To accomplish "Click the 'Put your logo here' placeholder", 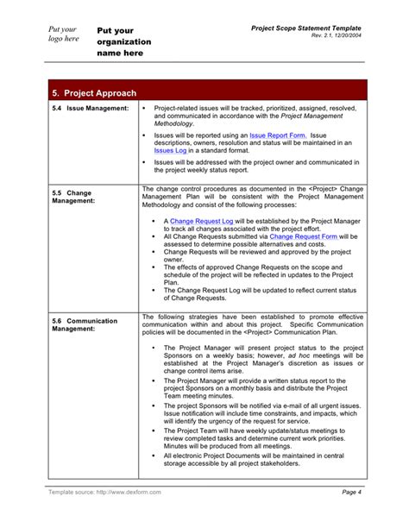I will click(x=65, y=34).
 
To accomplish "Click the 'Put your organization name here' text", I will click(x=124, y=41).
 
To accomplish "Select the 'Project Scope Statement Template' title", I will click(x=305, y=28).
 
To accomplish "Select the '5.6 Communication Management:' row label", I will click(x=85, y=324).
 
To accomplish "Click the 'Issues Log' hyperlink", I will click(x=170, y=150).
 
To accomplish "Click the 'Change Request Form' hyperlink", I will click(x=303, y=235).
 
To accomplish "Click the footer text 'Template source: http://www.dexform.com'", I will click(x=104, y=492).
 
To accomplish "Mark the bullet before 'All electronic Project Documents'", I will click(x=153, y=455).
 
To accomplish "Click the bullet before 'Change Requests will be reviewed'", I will click(x=153, y=251).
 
